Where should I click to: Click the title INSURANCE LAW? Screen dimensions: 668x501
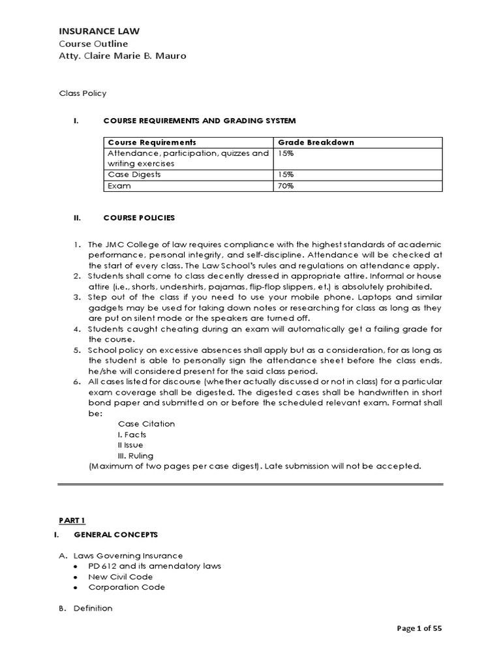click(x=99, y=31)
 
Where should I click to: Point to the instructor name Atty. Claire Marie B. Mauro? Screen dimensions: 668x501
click(x=123, y=56)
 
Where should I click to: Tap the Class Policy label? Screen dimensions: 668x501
click(x=83, y=93)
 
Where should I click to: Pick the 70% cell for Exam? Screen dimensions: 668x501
click(x=286, y=186)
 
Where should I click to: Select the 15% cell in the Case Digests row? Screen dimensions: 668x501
click(x=286, y=175)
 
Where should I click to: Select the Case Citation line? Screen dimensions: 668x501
click(x=146, y=424)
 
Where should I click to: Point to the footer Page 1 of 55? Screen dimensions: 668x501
click(x=419, y=629)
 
